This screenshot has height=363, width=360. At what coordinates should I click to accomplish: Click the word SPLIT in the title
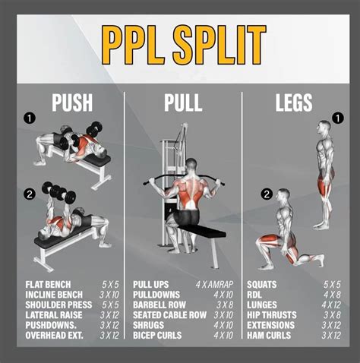coord(219,45)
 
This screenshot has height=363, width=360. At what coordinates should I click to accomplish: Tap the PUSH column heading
coord(72,103)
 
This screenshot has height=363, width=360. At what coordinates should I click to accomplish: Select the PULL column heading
coord(183,103)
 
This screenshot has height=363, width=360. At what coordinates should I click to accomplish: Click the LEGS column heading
coord(294,103)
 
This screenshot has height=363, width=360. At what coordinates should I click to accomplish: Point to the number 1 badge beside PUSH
coord(30,118)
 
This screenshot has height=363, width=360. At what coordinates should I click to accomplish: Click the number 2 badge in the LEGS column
coord(267,194)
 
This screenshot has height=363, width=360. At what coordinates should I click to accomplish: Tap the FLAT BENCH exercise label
coord(48,285)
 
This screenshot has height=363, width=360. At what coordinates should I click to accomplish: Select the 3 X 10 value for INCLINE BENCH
coord(109,295)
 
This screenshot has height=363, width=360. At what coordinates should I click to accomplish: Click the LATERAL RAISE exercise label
coord(54,315)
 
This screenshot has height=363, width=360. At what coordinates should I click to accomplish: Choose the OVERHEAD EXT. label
coord(54,336)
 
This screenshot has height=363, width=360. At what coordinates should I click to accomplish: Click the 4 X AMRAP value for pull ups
coord(214,285)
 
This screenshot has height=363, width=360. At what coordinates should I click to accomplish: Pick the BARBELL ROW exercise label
coord(159,305)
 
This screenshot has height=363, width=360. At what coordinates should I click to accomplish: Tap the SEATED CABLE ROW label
coord(170,315)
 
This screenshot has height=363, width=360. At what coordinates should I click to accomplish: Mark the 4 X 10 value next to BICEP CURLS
coord(223,336)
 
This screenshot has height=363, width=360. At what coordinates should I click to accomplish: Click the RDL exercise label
coord(254,295)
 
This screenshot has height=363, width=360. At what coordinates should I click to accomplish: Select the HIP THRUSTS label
coord(272,315)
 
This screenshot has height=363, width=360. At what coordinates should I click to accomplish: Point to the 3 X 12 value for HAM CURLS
coord(331,336)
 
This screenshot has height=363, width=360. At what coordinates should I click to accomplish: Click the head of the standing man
coord(324,128)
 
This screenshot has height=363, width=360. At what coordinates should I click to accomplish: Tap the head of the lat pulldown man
coord(191,166)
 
